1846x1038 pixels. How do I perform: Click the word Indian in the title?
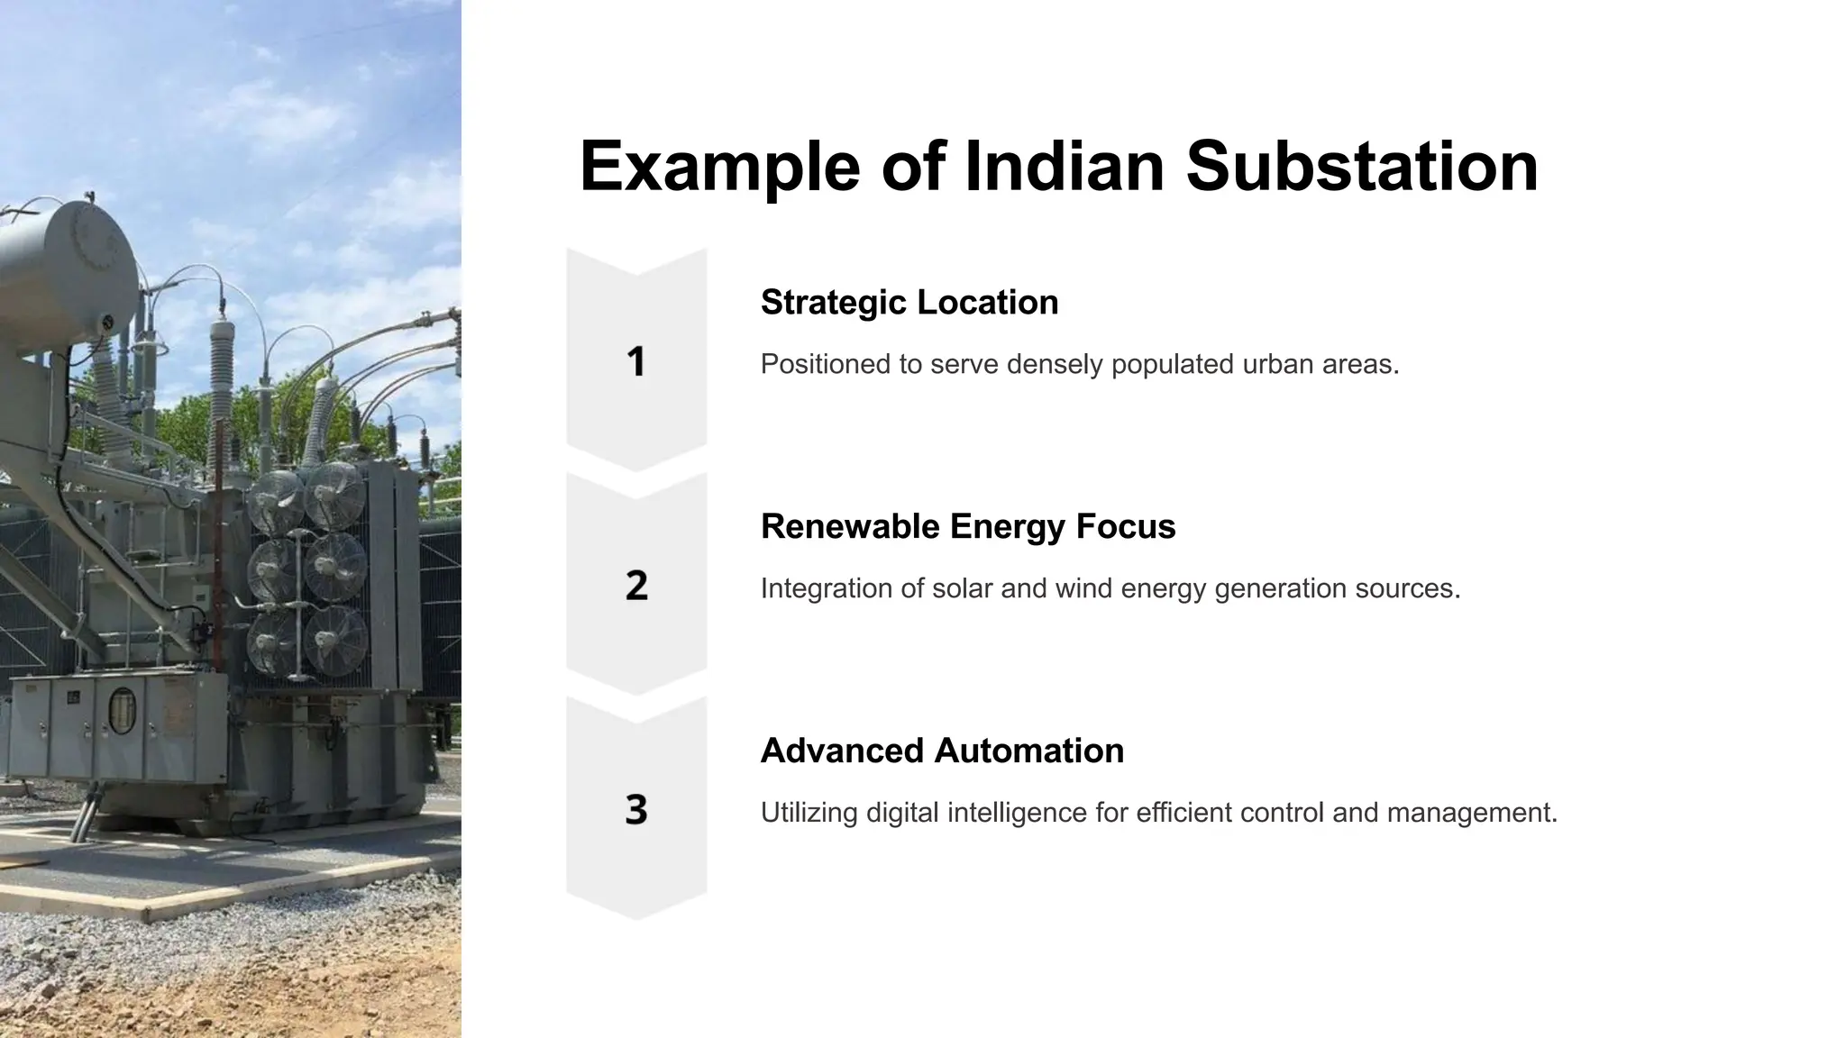click(x=1065, y=167)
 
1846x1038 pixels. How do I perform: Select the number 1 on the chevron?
click(x=636, y=361)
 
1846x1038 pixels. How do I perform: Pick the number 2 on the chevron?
click(x=636, y=586)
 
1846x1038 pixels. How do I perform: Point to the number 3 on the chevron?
click(x=636, y=809)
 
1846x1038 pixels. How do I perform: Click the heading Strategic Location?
click(x=909, y=303)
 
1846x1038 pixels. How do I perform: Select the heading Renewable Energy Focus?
click(x=968, y=527)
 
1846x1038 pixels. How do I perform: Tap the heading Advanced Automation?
click(x=942, y=751)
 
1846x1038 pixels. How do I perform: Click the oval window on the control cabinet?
click(x=122, y=709)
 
